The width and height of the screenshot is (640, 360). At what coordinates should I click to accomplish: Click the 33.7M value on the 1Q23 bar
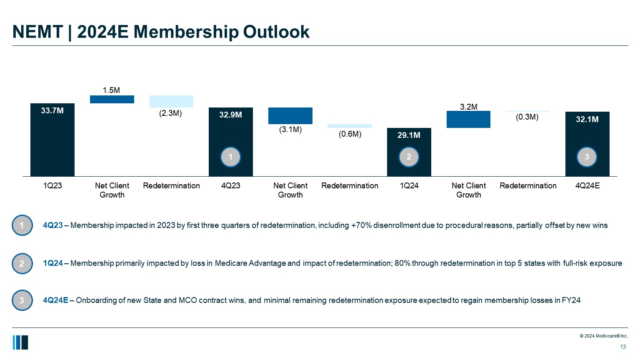coord(52,110)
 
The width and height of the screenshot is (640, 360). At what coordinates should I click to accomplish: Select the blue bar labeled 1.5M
coord(112,99)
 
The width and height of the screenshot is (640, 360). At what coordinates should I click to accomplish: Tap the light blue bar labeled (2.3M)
coord(171,101)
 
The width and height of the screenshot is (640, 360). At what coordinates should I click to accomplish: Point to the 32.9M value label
coord(230,115)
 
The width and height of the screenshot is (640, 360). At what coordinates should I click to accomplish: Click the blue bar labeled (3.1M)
coord(290,116)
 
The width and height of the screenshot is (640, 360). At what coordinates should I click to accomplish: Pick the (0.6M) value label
coord(350,134)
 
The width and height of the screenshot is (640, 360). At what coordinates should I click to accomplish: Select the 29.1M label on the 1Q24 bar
coord(409,135)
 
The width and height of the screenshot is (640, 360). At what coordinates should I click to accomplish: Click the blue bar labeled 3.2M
coord(468,119)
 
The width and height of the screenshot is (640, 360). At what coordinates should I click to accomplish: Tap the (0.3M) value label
coord(527,117)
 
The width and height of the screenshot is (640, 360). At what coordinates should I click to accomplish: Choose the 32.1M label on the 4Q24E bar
coord(587,119)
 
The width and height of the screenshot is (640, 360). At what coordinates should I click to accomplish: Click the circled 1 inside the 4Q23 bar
coord(230,157)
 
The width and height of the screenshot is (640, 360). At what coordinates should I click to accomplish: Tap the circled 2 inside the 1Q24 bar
coord(409,157)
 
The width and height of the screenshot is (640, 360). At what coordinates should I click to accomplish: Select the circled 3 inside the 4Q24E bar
coord(587,157)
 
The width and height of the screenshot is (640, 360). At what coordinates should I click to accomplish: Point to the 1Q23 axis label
coord(52,185)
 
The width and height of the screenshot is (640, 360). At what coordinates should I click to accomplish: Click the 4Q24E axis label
coord(587,185)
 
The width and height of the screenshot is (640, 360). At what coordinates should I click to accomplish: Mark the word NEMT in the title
coord(37,32)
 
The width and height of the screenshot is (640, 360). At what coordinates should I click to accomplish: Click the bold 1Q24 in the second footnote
coord(53,263)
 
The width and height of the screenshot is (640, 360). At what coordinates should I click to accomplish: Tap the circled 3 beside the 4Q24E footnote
coord(22,300)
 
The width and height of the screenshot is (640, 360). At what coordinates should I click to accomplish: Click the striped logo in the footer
coord(20,342)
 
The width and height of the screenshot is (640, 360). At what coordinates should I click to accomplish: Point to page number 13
coord(623,347)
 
